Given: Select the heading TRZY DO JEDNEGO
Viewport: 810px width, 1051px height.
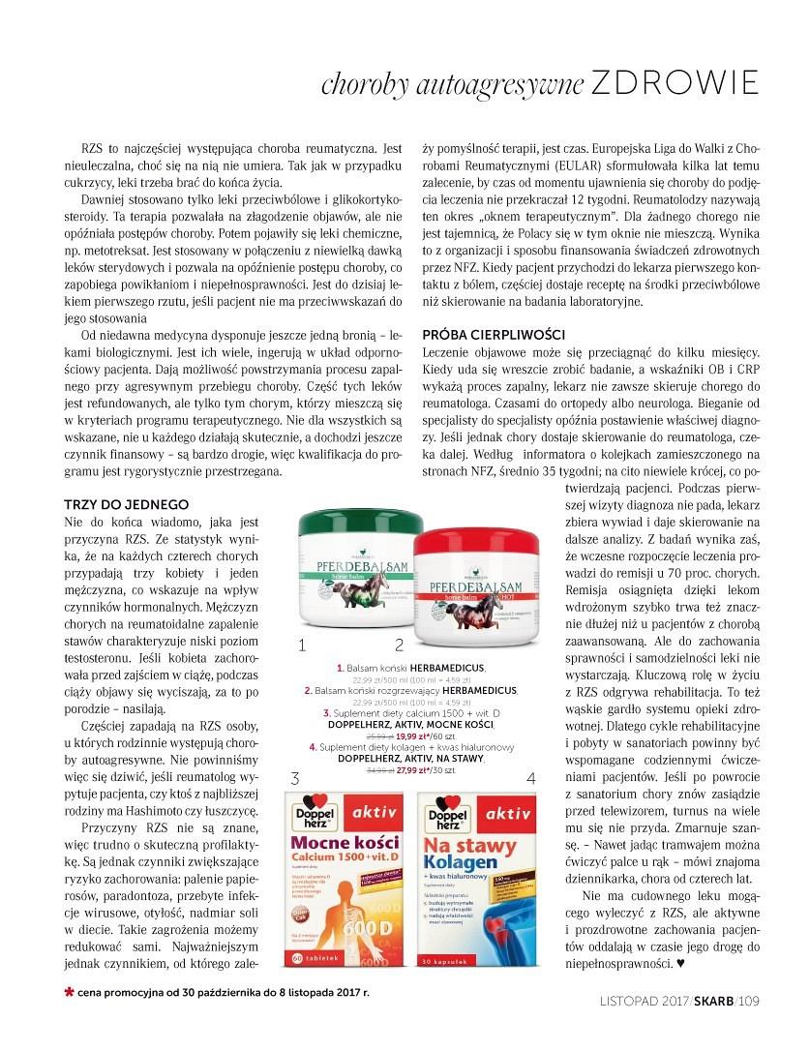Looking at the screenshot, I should pos(126,504).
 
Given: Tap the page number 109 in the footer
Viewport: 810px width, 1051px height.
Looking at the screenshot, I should pos(749,1002).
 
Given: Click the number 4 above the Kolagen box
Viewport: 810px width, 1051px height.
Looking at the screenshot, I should pos(530,778).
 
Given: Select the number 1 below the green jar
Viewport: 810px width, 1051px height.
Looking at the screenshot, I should pos(303,644).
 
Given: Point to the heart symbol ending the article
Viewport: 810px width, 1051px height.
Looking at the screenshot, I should pos(679,963).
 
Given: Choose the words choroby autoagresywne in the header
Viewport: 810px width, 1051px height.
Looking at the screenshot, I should pos(453,85).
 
